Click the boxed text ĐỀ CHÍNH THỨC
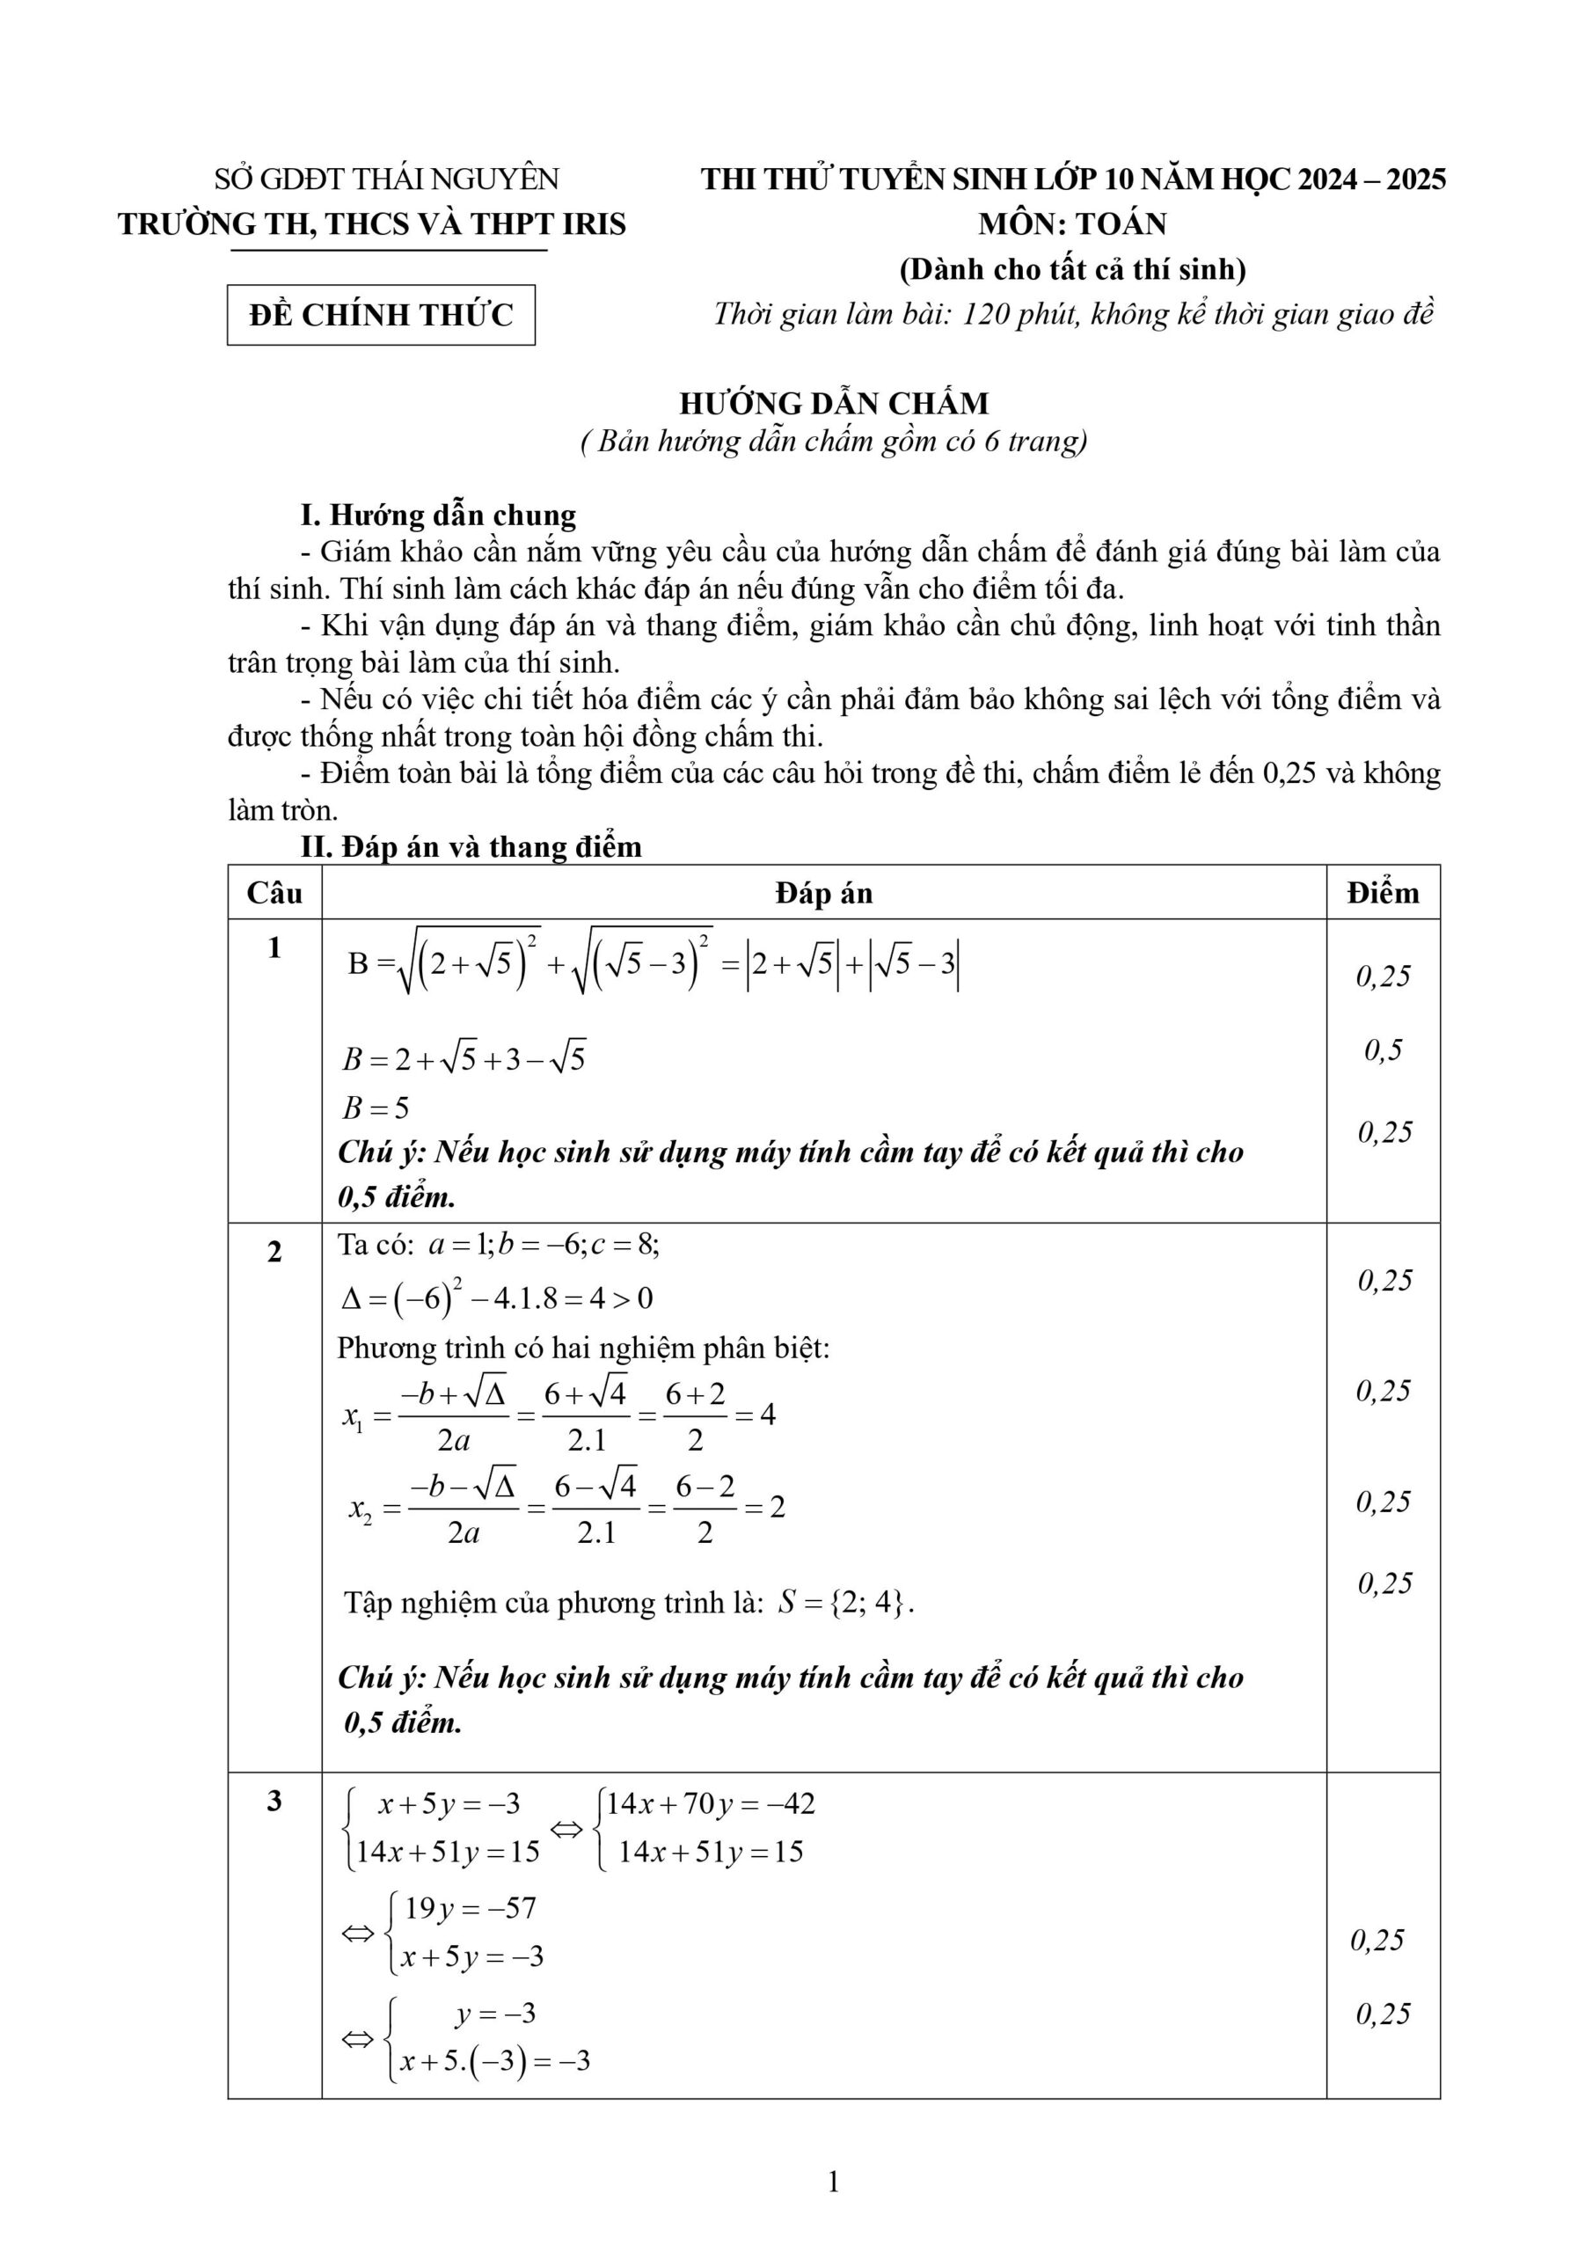381,315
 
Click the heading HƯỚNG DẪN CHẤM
834,403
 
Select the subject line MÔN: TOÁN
1072,223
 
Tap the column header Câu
274,893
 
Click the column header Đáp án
823,893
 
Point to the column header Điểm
1382,893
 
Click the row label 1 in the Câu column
274,947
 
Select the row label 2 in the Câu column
274,1253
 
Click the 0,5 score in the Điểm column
1383,1050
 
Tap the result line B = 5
376,1108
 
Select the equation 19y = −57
470,1908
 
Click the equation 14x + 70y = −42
710,1803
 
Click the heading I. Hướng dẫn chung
439,515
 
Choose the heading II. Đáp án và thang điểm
471,846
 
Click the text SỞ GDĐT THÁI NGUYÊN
386,179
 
